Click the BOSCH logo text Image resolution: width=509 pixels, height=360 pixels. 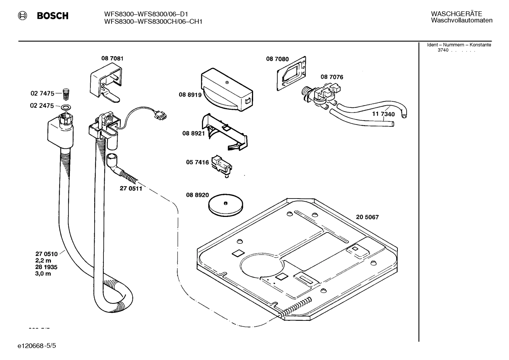pos(53,16)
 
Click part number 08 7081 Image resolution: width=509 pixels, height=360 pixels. pos(112,58)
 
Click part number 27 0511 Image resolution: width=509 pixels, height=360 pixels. pos(131,189)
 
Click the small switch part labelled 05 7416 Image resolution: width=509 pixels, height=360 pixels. pos(221,165)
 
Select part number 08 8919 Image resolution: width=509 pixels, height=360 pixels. pos(190,95)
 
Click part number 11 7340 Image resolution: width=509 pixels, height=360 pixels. pos(383,114)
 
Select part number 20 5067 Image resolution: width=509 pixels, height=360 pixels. pos(367,217)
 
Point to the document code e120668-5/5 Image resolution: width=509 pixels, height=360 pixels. pos(36,345)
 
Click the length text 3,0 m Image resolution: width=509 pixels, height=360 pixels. pos(43,273)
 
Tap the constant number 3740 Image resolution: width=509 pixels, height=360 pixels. pos(443,50)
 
